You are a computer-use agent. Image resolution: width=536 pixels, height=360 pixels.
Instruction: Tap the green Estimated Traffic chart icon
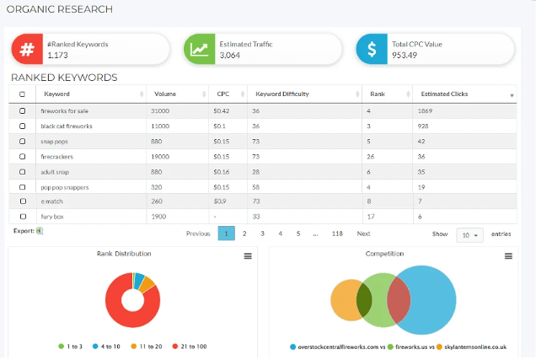click(x=200, y=50)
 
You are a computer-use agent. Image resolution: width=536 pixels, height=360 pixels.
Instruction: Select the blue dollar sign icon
click(x=370, y=50)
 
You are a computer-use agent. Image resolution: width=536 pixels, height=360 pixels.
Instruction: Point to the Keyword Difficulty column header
click(x=280, y=94)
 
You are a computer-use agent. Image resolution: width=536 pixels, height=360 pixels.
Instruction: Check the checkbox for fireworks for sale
click(x=22, y=110)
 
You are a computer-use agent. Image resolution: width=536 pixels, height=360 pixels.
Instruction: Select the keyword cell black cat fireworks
click(x=67, y=126)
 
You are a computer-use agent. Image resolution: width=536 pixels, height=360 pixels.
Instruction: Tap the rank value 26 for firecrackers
click(x=372, y=156)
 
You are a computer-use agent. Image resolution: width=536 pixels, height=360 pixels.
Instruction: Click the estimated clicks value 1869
click(x=426, y=110)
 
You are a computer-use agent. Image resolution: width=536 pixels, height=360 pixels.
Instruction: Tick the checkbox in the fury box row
click(x=22, y=217)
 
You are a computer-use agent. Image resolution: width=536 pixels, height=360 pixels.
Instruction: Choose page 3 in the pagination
click(x=262, y=234)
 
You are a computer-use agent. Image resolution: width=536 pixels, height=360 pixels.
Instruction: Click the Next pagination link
click(x=363, y=234)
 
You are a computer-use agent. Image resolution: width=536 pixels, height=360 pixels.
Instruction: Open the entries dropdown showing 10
click(x=469, y=234)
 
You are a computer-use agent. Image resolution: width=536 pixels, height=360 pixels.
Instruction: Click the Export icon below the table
click(x=39, y=230)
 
